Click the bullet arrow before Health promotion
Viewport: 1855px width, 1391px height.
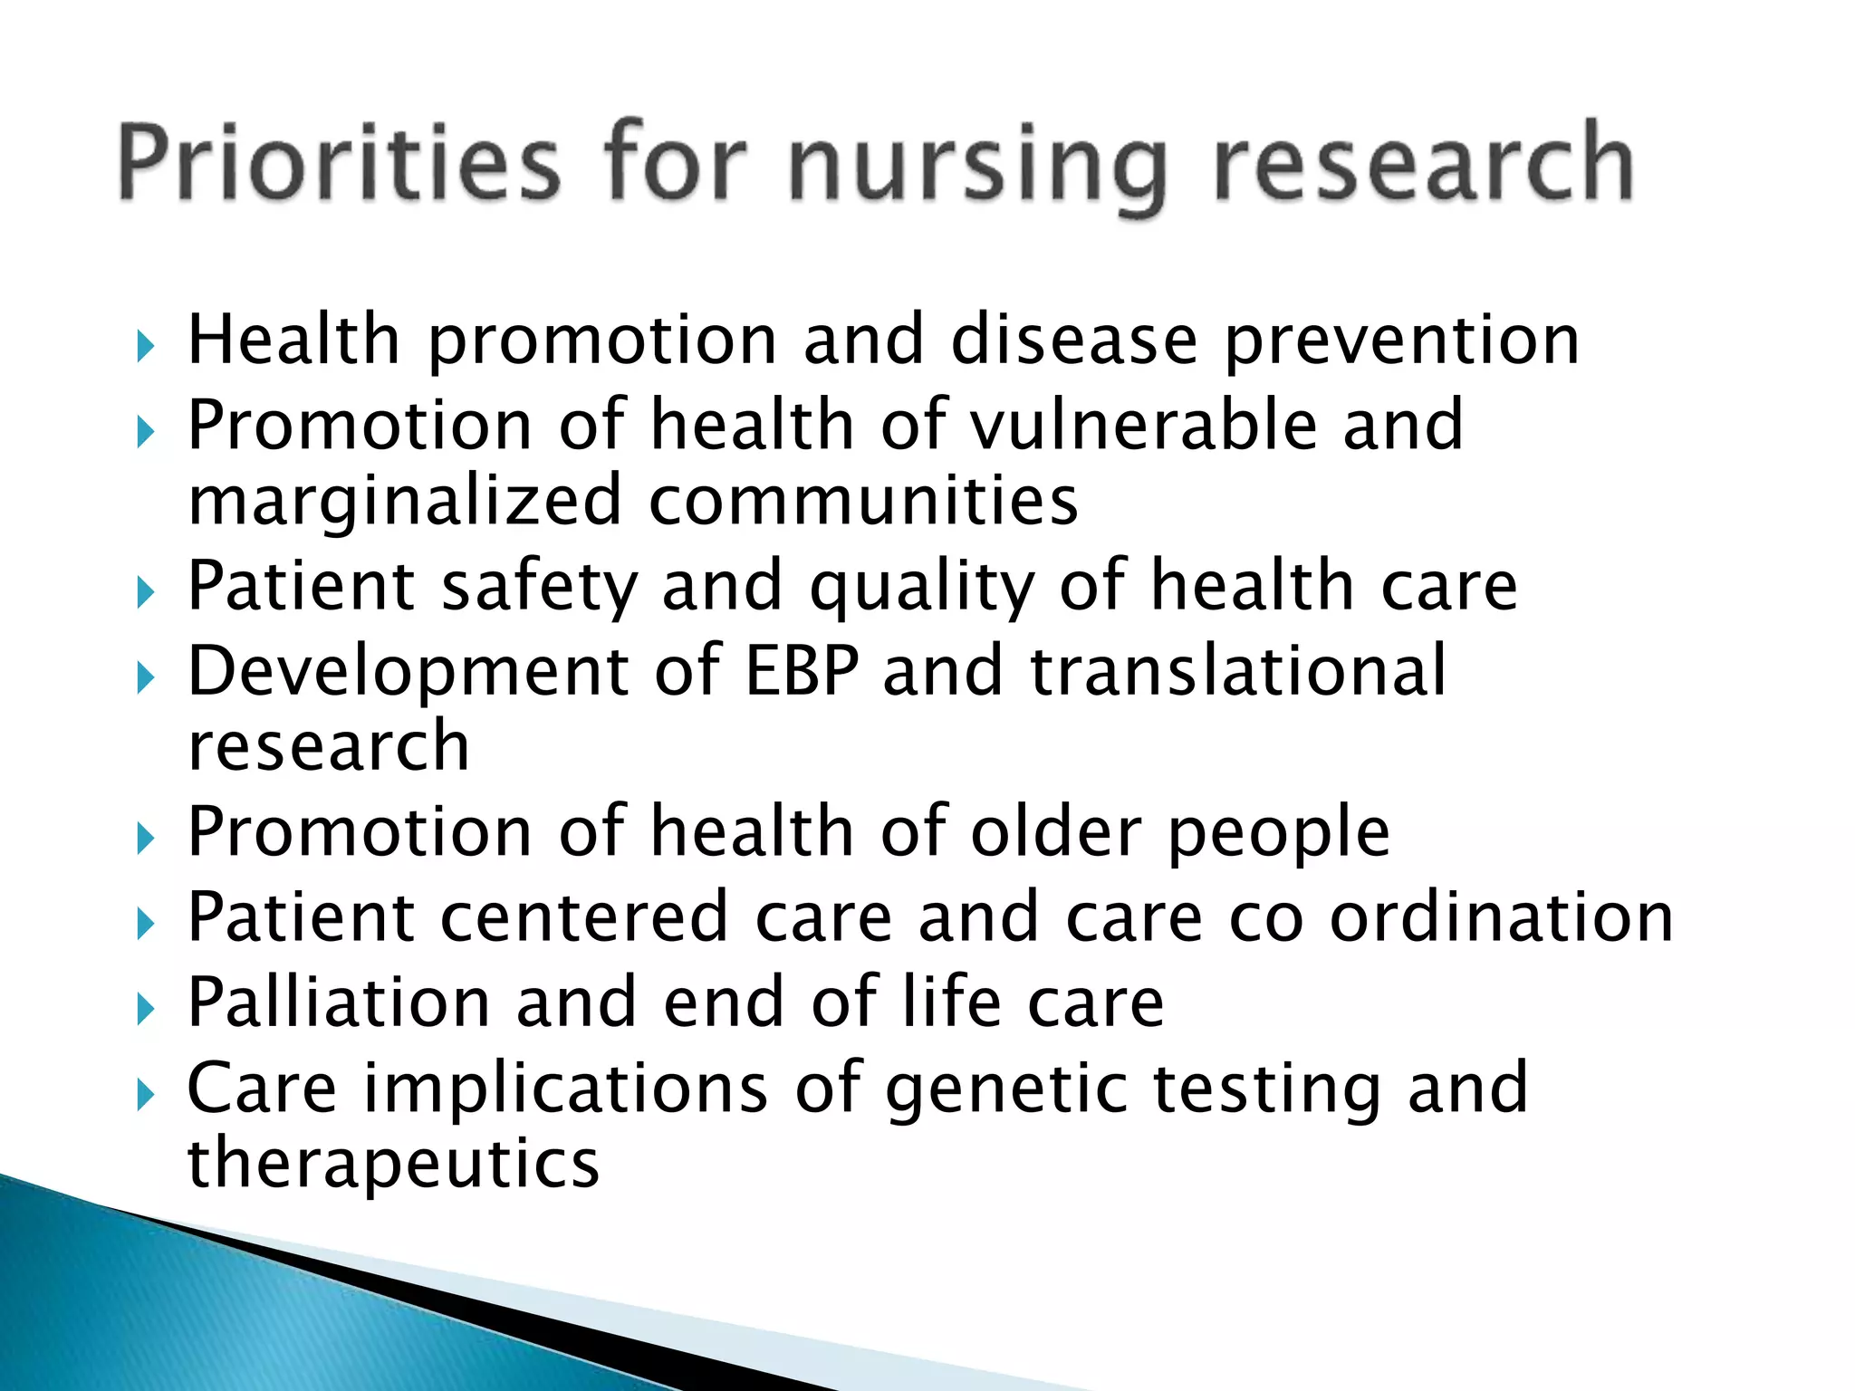(145, 347)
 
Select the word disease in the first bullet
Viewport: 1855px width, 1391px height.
(1073, 340)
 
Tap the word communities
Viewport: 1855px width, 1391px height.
(863, 501)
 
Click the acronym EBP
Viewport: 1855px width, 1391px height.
(801, 670)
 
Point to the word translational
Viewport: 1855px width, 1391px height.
(1237, 670)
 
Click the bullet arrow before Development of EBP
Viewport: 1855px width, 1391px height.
(145, 677)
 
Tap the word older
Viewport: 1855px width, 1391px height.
(1055, 831)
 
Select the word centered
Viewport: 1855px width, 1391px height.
(583, 916)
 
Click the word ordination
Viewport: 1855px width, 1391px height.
(1501, 916)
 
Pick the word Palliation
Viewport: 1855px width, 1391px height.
(338, 1002)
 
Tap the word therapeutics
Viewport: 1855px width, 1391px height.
(392, 1165)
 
